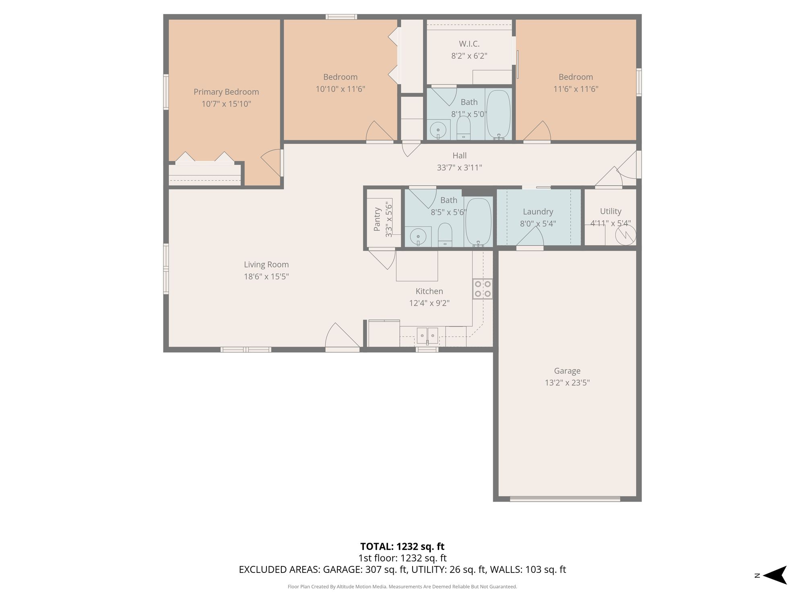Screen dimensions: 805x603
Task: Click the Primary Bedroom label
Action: coord(226,92)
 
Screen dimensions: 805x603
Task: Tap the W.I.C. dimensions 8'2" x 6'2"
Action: coord(469,56)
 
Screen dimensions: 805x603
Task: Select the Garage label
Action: coord(567,371)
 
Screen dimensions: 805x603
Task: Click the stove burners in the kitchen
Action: coord(483,289)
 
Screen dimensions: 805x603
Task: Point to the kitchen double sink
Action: coord(427,335)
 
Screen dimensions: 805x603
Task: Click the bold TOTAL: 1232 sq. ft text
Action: coord(402,547)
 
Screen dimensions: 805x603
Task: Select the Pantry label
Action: coord(377,219)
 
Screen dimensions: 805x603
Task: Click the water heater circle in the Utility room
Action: coord(626,235)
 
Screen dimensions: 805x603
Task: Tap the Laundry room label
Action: coord(538,211)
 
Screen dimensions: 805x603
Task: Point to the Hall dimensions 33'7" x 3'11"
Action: coord(459,168)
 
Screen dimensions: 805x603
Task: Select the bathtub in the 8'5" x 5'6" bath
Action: coord(478,222)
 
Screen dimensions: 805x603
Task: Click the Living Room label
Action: coord(266,265)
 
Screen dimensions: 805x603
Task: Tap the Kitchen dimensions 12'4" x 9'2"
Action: coord(429,303)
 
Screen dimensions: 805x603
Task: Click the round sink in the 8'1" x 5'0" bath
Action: coord(438,130)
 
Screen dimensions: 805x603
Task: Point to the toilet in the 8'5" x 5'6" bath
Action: coord(445,235)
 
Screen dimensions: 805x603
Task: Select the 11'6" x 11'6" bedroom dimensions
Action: coord(576,89)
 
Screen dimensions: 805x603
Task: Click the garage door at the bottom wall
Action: coord(565,499)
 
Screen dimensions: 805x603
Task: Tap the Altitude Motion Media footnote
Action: coord(402,587)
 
